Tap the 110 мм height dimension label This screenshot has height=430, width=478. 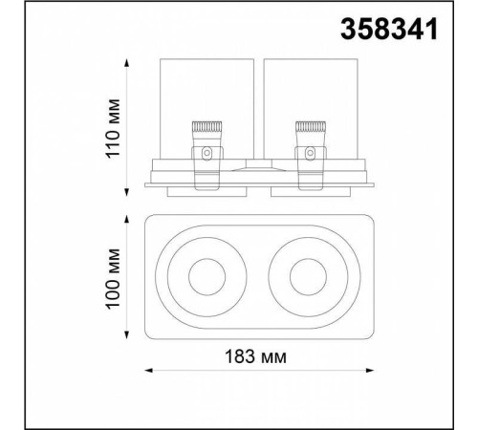114,128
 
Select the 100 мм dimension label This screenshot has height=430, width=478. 114,276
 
